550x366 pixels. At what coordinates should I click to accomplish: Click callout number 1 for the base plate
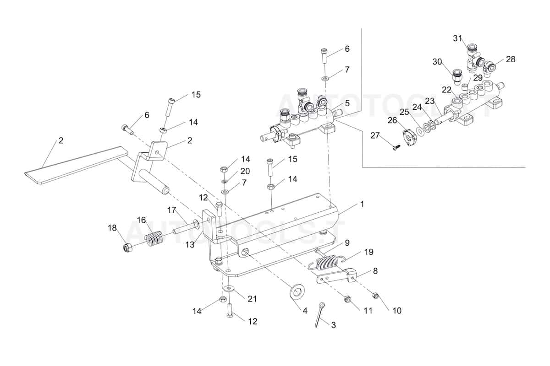point(362,204)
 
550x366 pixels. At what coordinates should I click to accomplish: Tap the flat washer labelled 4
point(298,290)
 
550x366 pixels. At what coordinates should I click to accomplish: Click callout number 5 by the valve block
point(347,103)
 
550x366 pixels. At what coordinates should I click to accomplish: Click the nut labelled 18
point(128,248)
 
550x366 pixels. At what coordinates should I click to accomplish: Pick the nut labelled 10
point(376,296)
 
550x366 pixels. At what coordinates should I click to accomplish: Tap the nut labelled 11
point(347,300)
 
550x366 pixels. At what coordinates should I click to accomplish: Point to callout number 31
point(458,38)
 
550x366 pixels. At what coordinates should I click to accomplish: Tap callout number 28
point(511,59)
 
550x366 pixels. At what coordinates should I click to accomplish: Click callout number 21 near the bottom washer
point(252,299)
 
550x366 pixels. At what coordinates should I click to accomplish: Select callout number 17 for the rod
point(172,210)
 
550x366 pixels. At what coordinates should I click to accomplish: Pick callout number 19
point(369,252)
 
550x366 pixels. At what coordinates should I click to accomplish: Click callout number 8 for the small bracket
point(375,271)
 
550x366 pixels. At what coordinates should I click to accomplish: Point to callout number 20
point(246,171)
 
